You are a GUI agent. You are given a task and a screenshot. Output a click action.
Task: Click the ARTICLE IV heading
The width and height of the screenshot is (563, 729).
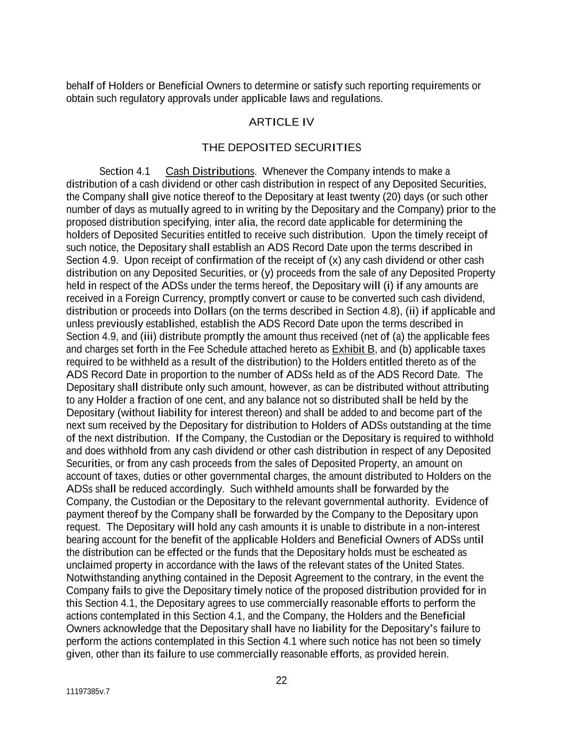[281, 122]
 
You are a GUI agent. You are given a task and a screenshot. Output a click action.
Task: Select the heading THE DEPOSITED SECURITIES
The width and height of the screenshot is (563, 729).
[281, 147]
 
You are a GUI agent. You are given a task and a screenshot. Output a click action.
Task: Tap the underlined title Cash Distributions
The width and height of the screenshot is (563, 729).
[210, 171]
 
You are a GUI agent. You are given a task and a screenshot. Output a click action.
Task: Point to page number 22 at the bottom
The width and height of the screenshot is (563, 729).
[281, 680]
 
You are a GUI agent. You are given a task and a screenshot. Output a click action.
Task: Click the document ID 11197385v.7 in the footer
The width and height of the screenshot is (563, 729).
[88, 692]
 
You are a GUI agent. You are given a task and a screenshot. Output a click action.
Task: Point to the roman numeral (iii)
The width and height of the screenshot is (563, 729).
[148, 336]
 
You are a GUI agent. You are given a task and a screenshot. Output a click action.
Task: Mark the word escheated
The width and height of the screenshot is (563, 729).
[436, 552]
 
